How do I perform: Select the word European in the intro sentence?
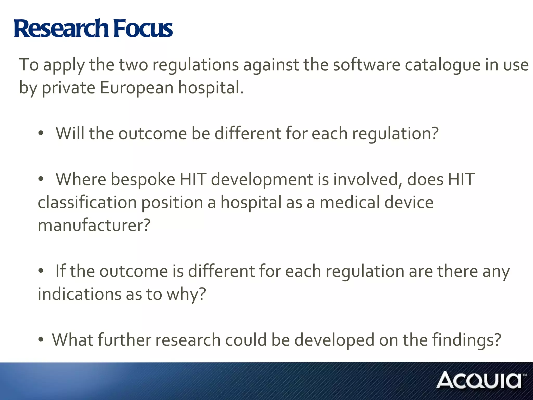pyautogui.click(x=137, y=87)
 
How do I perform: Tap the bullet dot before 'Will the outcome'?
pyautogui.click(x=41, y=133)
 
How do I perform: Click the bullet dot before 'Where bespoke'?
pyautogui.click(x=41, y=179)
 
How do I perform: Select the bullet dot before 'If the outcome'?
pyautogui.click(x=41, y=271)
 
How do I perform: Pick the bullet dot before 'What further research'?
pyautogui.click(x=41, y=340)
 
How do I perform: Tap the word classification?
pyautogui.click(x=87, y=202)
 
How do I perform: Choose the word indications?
pyautogui.click(x=79, y=294)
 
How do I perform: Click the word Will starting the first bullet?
pyautogui.click(x=70, y=133)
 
